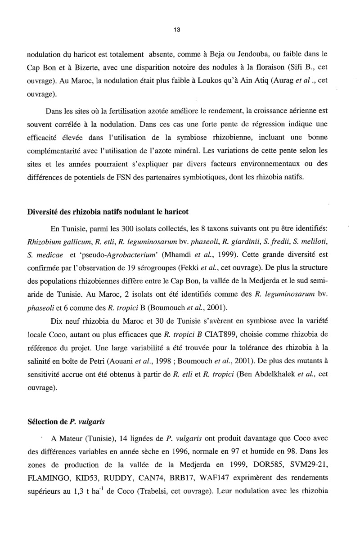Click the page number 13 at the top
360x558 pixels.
coord(176,30)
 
